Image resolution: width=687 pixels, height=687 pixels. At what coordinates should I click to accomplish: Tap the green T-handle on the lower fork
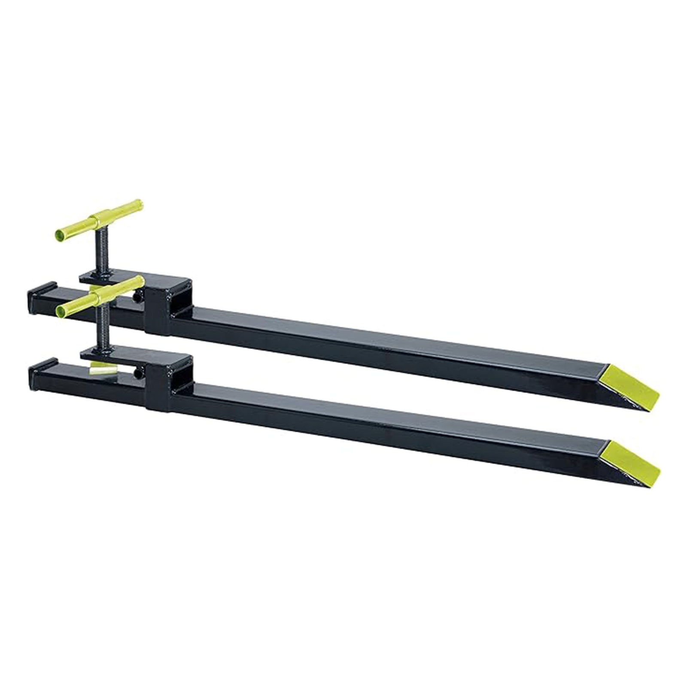[101, 297]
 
